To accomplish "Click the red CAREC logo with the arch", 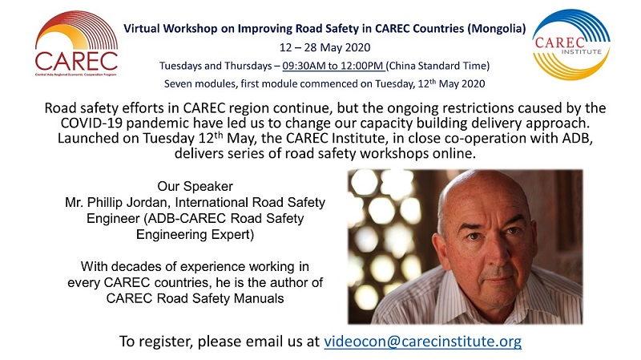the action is (76, 43).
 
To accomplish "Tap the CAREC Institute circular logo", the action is (570, 44).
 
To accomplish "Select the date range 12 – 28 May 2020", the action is (325, 47).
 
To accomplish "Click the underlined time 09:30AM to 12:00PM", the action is (333, 66).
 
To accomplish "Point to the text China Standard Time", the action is (437, 66).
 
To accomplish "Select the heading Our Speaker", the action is (195, 186).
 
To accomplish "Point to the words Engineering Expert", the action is (195, 235).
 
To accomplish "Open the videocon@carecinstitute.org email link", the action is (423, 342).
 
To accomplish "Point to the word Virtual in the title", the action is (142, 29).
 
